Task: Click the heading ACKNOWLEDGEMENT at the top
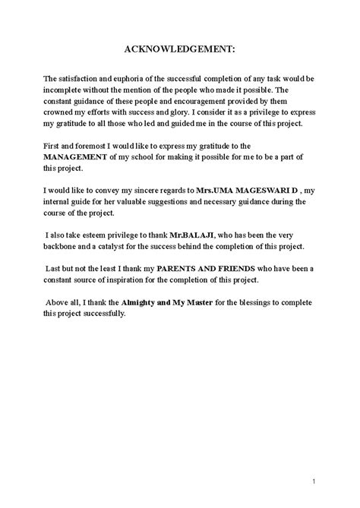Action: coord(180,49)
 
